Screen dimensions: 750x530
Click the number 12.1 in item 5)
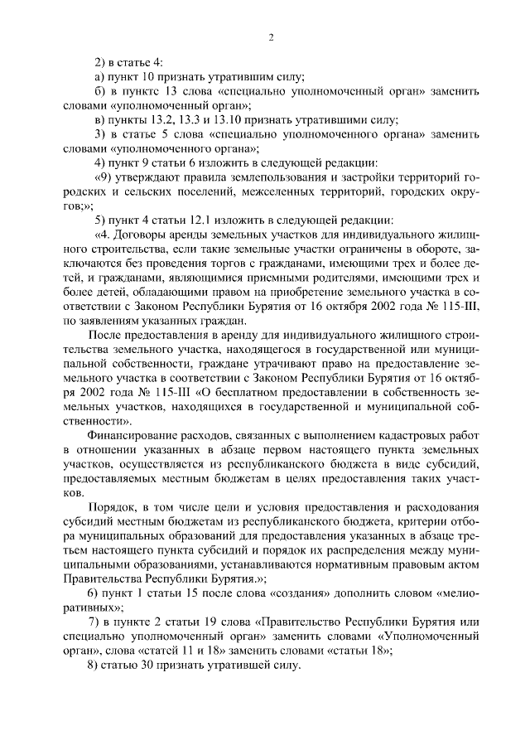[x=189, y=220]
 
